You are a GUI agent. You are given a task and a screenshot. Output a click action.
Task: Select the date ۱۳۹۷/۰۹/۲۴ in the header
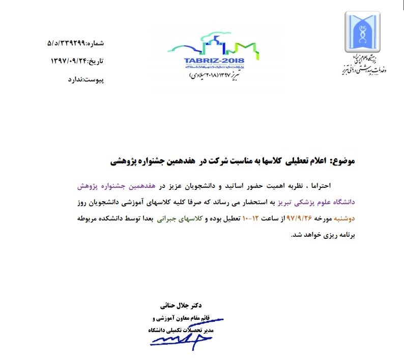tap(70, 61)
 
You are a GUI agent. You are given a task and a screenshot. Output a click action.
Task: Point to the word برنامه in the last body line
tap(343, 235)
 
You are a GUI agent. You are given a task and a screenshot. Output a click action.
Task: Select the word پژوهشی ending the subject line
tap(126, 161)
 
